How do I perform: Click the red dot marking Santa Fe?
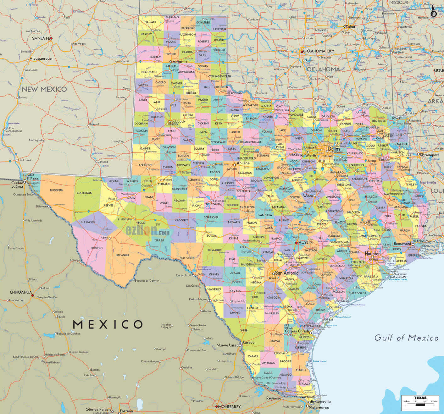click(x=52, y=38)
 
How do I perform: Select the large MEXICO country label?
click(x=108, y=324)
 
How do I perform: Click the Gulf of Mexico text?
click(x=406, y=338)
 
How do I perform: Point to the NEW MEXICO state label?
click(x=44, y=89)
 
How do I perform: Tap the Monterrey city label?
click(x=230, y=406)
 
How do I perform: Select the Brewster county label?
click(x=122, y=255)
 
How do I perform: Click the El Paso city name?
click(x=33, y=179)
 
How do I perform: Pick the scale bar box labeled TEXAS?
click(x=420, y=403)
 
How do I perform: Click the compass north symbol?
click(x=433, y=12)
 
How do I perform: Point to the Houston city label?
click(x=373, y=253)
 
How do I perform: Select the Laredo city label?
click(x=248, y=342)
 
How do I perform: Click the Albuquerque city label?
click(x=41, y=59)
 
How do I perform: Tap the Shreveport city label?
click(x=430, y=155)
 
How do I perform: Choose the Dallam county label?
click(x=150, y=22)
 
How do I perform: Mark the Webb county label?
click(x=244, y=330)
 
